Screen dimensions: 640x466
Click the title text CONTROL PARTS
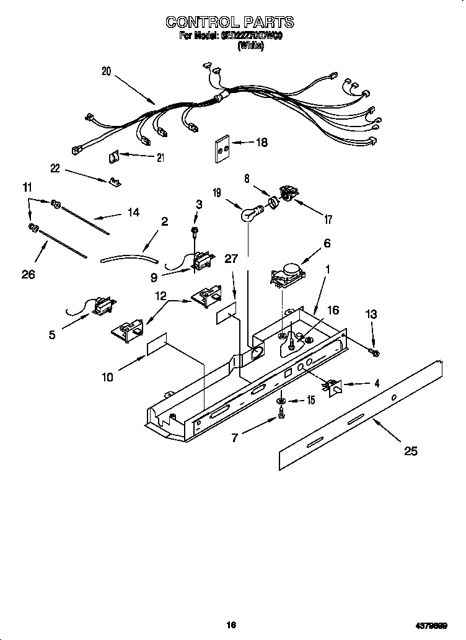(229, 22)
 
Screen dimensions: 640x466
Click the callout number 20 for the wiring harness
(107, 71)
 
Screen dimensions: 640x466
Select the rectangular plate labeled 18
(222, 149)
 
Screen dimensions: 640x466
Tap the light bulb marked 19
(249, 215)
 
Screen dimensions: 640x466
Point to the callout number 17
(328, 219)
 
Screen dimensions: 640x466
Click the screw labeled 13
(375, 352)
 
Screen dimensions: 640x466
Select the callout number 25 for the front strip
(410, 451)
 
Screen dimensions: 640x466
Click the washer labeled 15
(281, 401)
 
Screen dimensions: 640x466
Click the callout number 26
(28, 274)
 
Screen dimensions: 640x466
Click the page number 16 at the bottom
(232, 625)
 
